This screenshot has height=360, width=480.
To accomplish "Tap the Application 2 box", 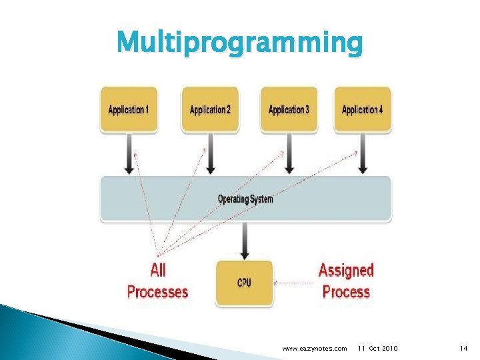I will [210, 109].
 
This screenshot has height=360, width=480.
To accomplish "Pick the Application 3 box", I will [288, 109].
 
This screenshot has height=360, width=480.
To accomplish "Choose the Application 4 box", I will [362, 109].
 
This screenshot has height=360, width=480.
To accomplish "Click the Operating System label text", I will [245, 199].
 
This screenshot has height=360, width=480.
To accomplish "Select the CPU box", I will [245, 283].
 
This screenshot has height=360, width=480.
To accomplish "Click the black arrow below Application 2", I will [210, 154].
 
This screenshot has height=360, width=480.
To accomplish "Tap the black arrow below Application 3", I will [288, 154].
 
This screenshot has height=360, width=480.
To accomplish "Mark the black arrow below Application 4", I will [363, 154].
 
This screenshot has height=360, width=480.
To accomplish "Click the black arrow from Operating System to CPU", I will [245, 241].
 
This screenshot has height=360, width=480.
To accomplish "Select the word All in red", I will [158, 271].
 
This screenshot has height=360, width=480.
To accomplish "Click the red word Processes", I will [158, 291].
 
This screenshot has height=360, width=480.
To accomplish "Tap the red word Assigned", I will [346, 271].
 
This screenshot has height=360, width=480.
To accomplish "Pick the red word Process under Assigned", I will [346, 291].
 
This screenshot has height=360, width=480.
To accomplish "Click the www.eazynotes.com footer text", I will [315, 349].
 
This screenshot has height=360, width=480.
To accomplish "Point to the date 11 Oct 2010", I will [378, 349].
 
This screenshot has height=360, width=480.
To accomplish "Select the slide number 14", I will [464, 349].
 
